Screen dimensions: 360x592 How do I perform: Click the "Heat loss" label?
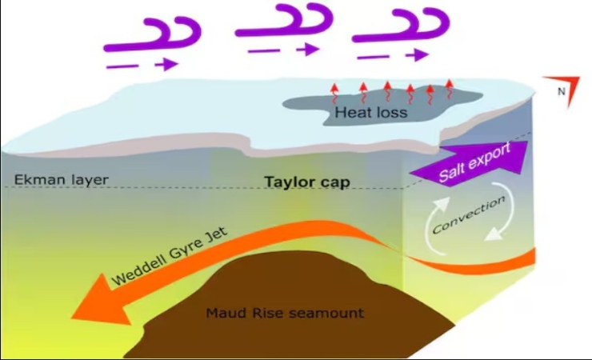371,113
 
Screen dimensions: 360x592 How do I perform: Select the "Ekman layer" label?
56,179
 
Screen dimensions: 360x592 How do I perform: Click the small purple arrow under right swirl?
393,55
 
